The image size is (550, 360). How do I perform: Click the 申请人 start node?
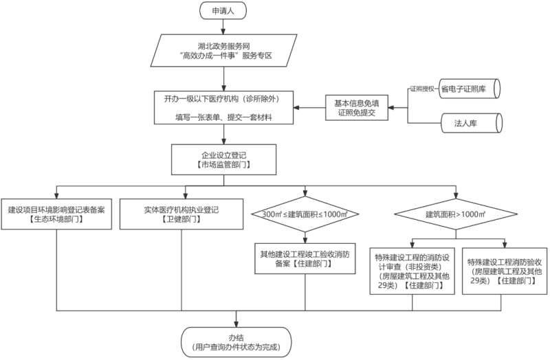point(223,10)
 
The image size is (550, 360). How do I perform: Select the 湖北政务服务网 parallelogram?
point(224,50)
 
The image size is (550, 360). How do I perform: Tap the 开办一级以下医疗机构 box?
point(224,108)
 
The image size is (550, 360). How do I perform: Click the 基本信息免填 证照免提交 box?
point(357,108)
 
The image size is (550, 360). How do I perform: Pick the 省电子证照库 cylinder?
point(470,89)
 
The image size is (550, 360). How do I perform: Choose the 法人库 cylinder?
point(472,123)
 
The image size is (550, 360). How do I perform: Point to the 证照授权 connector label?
point(422,89)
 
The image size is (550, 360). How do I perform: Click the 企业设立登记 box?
point(224,159)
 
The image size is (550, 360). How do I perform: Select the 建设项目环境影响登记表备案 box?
point(56,214)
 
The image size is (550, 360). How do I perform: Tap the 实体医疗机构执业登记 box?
point(181,214)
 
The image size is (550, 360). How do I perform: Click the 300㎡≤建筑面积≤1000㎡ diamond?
point(305,214)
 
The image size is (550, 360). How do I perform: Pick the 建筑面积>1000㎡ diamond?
point(456,214)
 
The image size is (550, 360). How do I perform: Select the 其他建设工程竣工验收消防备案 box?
point(305,259)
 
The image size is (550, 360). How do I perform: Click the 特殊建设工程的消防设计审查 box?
point(412,271)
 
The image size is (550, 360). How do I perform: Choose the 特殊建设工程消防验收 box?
point(505,271)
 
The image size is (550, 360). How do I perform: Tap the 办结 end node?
point(236,342)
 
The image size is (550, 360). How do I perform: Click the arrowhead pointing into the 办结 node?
point(236,324)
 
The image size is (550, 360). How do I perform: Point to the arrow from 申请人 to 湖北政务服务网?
point(223,27)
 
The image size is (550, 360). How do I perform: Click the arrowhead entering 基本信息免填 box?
point(391,108)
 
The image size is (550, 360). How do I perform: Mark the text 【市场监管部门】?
point(224,164)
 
